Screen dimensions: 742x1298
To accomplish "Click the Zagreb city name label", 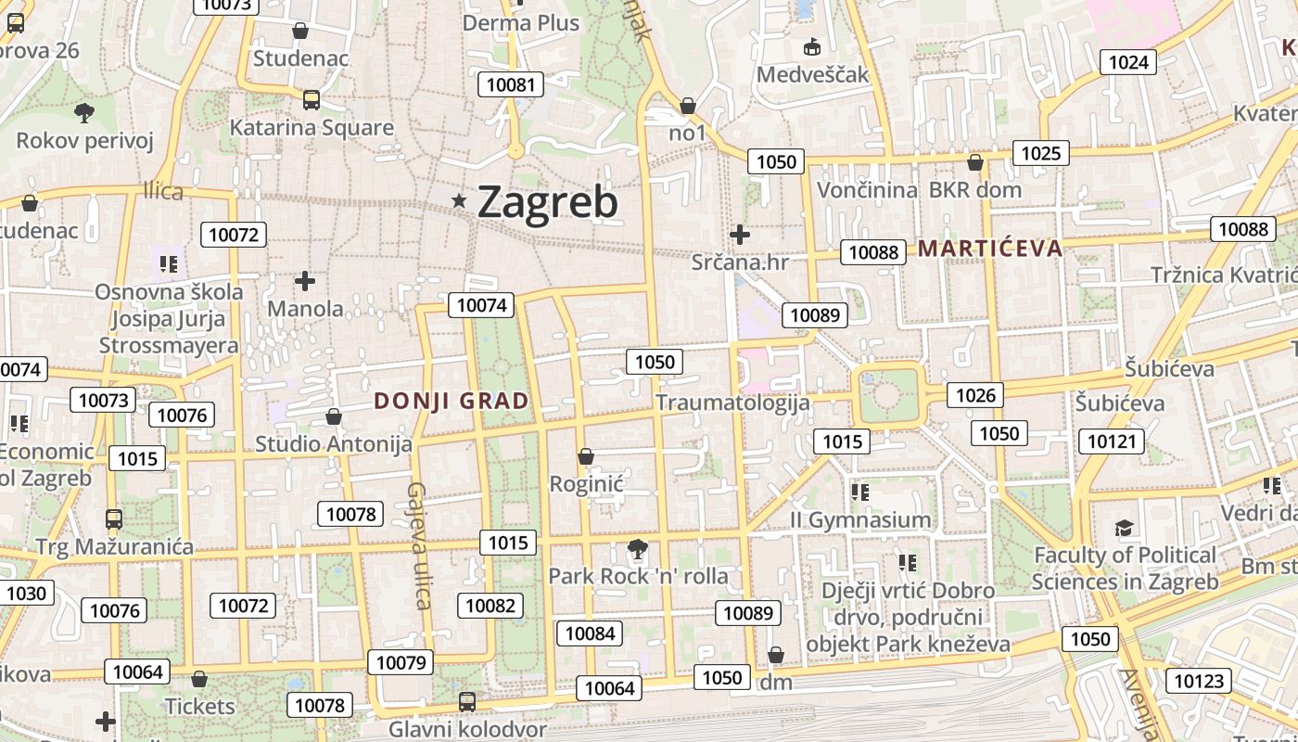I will tap(547, 202).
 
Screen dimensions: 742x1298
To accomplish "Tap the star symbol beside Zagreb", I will tap(459, 200).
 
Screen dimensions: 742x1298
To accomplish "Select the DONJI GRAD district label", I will tap(452, 402).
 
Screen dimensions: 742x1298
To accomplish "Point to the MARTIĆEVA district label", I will tap(990, 248).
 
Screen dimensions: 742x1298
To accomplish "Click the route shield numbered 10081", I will tap(511, 84).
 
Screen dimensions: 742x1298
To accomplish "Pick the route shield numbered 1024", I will tap(1128, 62).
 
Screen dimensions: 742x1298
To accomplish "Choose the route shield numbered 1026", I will tap(975, 396).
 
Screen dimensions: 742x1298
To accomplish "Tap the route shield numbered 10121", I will tap(1111, 441).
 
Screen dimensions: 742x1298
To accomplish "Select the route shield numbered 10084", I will tap(590, 633).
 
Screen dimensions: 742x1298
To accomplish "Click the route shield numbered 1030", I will tap(25, 593).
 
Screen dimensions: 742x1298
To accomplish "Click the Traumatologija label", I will tap(732, 403).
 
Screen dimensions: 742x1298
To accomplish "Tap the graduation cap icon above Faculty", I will tap(1124, 529).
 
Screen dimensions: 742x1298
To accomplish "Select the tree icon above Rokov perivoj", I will tap(84, 113).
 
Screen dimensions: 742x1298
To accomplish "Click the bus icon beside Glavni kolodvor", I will tap(467, 702).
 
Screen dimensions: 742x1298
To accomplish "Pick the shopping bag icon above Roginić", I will tap(586, 456).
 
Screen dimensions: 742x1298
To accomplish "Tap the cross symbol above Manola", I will tap(305, 280).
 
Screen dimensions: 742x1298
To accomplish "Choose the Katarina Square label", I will tap(312, 128).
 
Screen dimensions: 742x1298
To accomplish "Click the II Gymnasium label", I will tap(860, 519).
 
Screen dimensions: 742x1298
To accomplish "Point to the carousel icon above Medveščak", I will tap(813, 46).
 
